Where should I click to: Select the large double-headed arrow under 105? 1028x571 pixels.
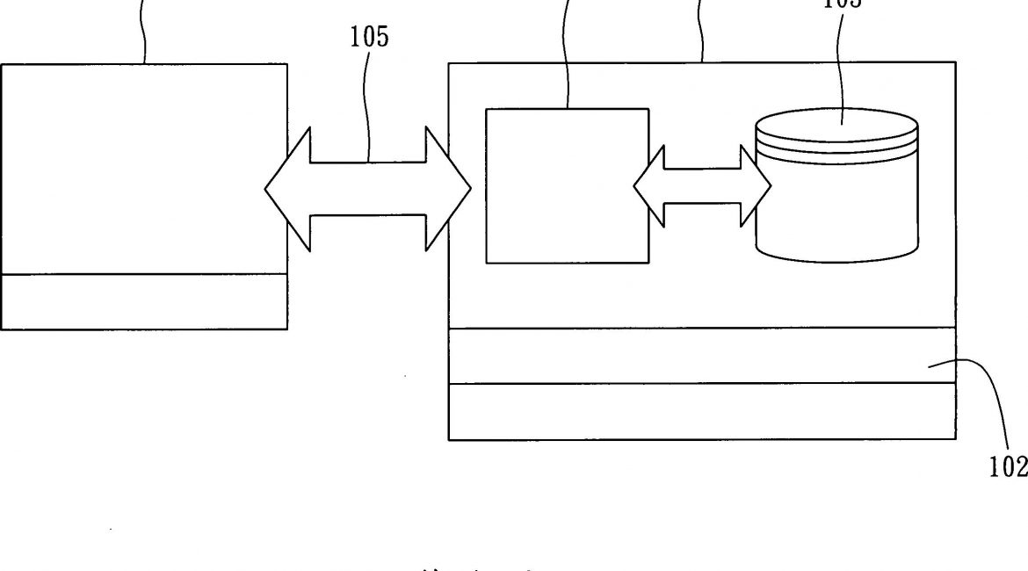point(369,188)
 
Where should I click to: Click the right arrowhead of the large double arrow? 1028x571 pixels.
point(448,188)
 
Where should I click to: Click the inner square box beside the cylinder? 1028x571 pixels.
point(568,185)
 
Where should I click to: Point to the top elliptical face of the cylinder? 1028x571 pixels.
point(836,125)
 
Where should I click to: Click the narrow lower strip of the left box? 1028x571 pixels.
point(143,301)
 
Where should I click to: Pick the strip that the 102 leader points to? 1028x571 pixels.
point(701,355)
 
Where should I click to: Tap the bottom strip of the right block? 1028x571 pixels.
point(701,411)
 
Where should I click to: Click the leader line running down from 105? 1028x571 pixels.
point(369,105)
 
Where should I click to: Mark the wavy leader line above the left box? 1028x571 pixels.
point(144,31)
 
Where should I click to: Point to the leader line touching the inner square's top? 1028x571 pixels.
point(567,53)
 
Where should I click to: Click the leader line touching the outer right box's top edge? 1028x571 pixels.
point(701,31)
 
